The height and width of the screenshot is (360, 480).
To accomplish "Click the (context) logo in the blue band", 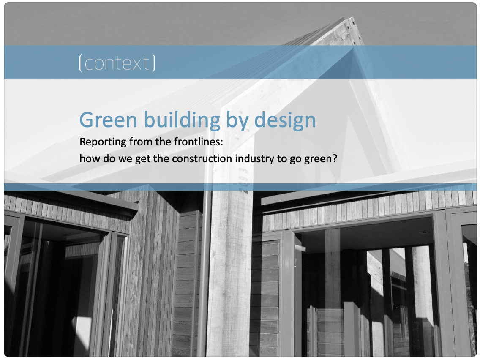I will click(117, 63).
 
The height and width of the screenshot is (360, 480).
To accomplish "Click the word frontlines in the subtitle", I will click(198, 142).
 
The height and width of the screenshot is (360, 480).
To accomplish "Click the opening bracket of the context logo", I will click(80, 63).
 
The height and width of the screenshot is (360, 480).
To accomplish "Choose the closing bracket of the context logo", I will click(153, 63).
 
